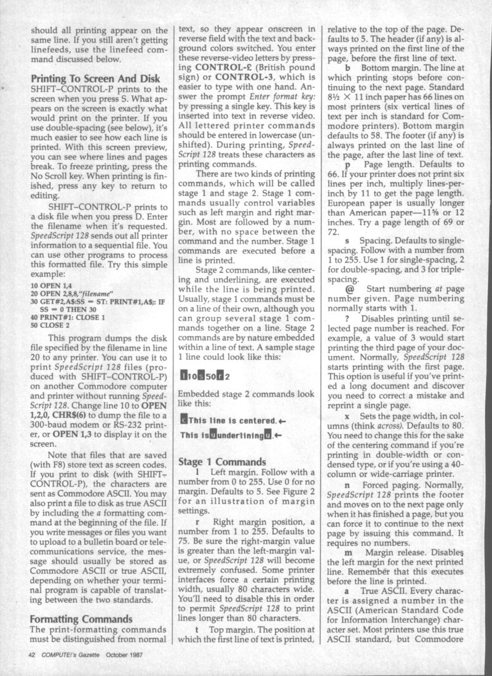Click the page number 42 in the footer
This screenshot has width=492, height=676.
[31, 655]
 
